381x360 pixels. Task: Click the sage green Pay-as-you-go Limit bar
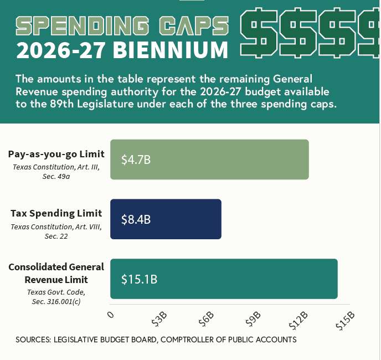click(x=209, y=160)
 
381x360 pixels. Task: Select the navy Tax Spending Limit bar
click(x=166, y=219)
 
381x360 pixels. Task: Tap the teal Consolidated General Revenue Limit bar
click(x=224, y=279)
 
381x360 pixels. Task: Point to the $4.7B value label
click(x=136, y=160)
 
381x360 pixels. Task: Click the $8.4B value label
click(x=136, y=219)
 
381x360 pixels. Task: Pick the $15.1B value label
click(x=140, y=279)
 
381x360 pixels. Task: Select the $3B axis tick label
click(x=159, y=319)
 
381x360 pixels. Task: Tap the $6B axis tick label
click(x=206, y=319)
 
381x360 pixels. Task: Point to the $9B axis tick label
click(x=253, y=319)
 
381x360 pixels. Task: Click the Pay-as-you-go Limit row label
click(x=56, y=153)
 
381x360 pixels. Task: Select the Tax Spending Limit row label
click(x=56, y=213)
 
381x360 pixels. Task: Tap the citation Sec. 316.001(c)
click(x=56, y=301)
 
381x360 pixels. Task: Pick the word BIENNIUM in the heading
click(x=171, y=50)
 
